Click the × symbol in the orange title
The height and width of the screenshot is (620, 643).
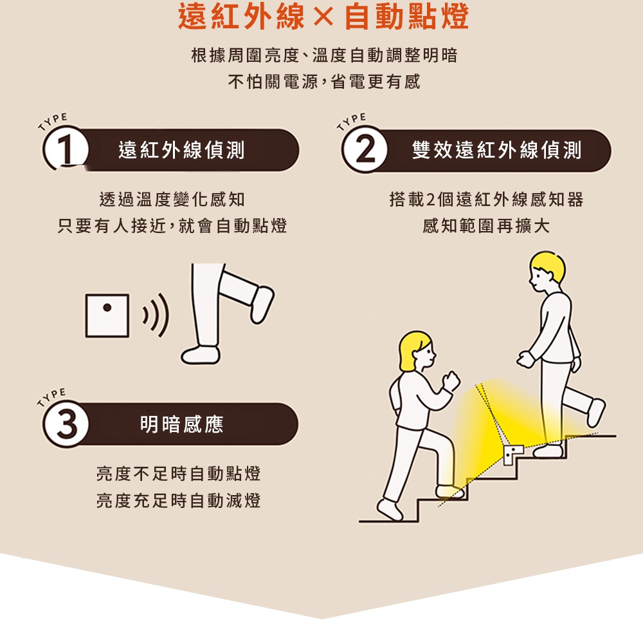click(325, 18)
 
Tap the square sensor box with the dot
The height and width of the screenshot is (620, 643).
click(107, 315)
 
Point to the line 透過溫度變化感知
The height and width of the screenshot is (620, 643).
click(172, 200)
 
